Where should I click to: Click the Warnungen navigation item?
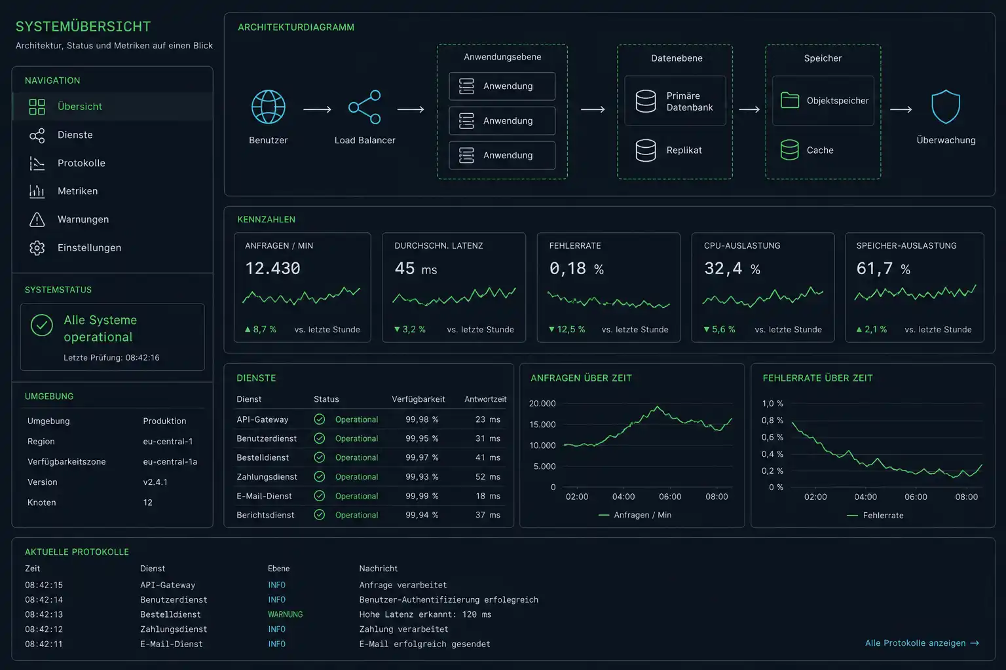point(83,219)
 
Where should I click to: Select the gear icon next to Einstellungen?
point(37,248)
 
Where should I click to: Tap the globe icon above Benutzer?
point(268,107)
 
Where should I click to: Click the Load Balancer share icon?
point(365,107)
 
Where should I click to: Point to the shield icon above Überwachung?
point(946,107)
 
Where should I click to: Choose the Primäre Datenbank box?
point(675,101)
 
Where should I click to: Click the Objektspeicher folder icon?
point(789,100)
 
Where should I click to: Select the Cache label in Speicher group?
point(820,150)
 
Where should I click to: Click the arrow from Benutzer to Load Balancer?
point(317,109)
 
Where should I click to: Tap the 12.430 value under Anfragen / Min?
point(272,268)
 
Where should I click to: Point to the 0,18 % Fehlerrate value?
point(576,268)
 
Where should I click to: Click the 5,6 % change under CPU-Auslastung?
point(720,329)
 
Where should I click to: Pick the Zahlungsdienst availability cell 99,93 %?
point(422,476)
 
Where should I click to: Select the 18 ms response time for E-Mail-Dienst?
point(488,496)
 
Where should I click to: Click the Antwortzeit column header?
point(485,399)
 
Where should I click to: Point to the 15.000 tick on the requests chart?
point(542,425)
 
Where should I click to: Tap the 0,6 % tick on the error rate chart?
point(772,437)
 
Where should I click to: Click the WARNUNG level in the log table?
point(285,614)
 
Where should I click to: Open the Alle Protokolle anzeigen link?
point(922,643)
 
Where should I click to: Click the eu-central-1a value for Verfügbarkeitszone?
point(170,462)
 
